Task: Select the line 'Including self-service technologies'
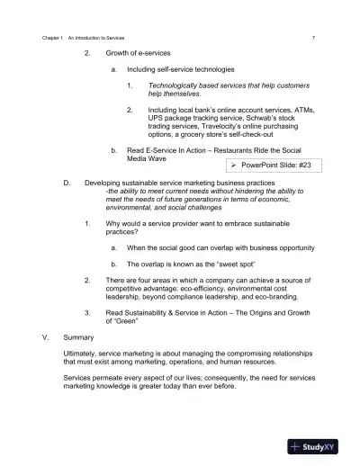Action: [181, 69]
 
